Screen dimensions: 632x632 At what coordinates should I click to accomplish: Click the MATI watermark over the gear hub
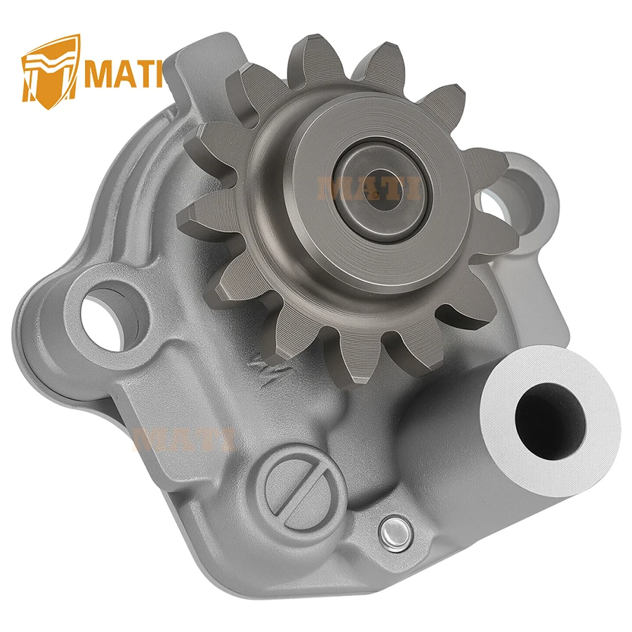tap(368, 189)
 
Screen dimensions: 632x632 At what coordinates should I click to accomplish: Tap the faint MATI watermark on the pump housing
tap(184, 440)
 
